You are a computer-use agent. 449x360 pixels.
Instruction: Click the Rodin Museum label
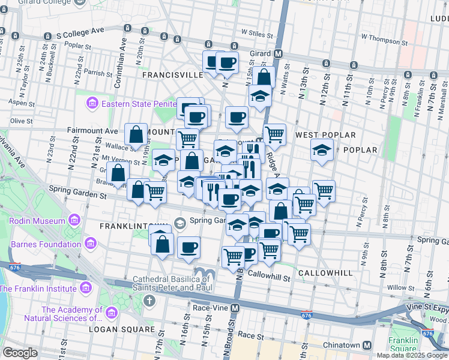37,221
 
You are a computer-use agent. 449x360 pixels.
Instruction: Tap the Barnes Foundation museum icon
91,244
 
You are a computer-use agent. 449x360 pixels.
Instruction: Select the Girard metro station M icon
279,53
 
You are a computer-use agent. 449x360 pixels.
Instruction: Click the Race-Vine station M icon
235,308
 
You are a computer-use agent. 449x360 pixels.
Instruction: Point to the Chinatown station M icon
367,345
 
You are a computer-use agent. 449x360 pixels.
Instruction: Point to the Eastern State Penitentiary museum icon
92,104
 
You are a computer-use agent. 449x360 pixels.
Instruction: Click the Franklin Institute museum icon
86,288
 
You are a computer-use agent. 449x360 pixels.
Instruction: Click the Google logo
20,353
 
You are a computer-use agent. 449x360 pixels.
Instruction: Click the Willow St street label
397,288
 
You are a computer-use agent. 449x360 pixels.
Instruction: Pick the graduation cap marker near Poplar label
322,150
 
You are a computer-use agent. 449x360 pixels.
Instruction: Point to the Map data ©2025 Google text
411,355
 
